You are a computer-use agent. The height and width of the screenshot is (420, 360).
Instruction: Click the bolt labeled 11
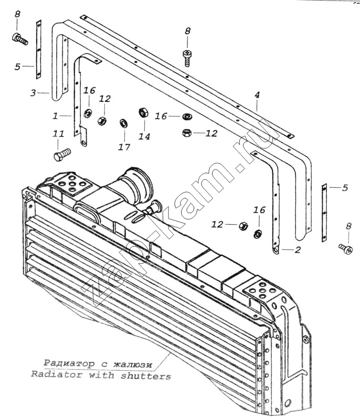62,154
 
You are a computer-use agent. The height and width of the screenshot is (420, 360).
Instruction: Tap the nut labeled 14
143,113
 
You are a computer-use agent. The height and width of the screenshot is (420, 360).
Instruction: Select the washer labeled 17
123,123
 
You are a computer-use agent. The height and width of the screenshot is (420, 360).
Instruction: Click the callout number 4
257,94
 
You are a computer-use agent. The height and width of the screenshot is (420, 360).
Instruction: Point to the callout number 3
33,93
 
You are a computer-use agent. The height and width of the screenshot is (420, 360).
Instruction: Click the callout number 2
298,250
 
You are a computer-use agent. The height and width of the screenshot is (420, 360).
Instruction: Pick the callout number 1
55,115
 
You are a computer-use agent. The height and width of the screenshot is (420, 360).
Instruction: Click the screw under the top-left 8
20,39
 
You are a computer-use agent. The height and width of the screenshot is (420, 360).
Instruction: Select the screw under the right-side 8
345,248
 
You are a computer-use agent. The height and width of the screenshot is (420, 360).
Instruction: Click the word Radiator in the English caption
56,374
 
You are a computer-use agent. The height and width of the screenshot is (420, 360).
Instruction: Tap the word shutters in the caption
145,376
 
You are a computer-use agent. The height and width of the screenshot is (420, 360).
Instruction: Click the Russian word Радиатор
69,363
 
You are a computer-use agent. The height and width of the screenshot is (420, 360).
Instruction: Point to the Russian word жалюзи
132,364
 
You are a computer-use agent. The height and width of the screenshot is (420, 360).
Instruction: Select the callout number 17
124,147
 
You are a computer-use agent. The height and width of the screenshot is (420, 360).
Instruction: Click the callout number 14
144,136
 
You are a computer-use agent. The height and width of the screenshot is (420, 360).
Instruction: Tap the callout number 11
59,134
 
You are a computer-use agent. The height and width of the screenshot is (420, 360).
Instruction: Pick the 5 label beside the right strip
345,188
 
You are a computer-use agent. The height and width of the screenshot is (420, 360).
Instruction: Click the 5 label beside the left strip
17,67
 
